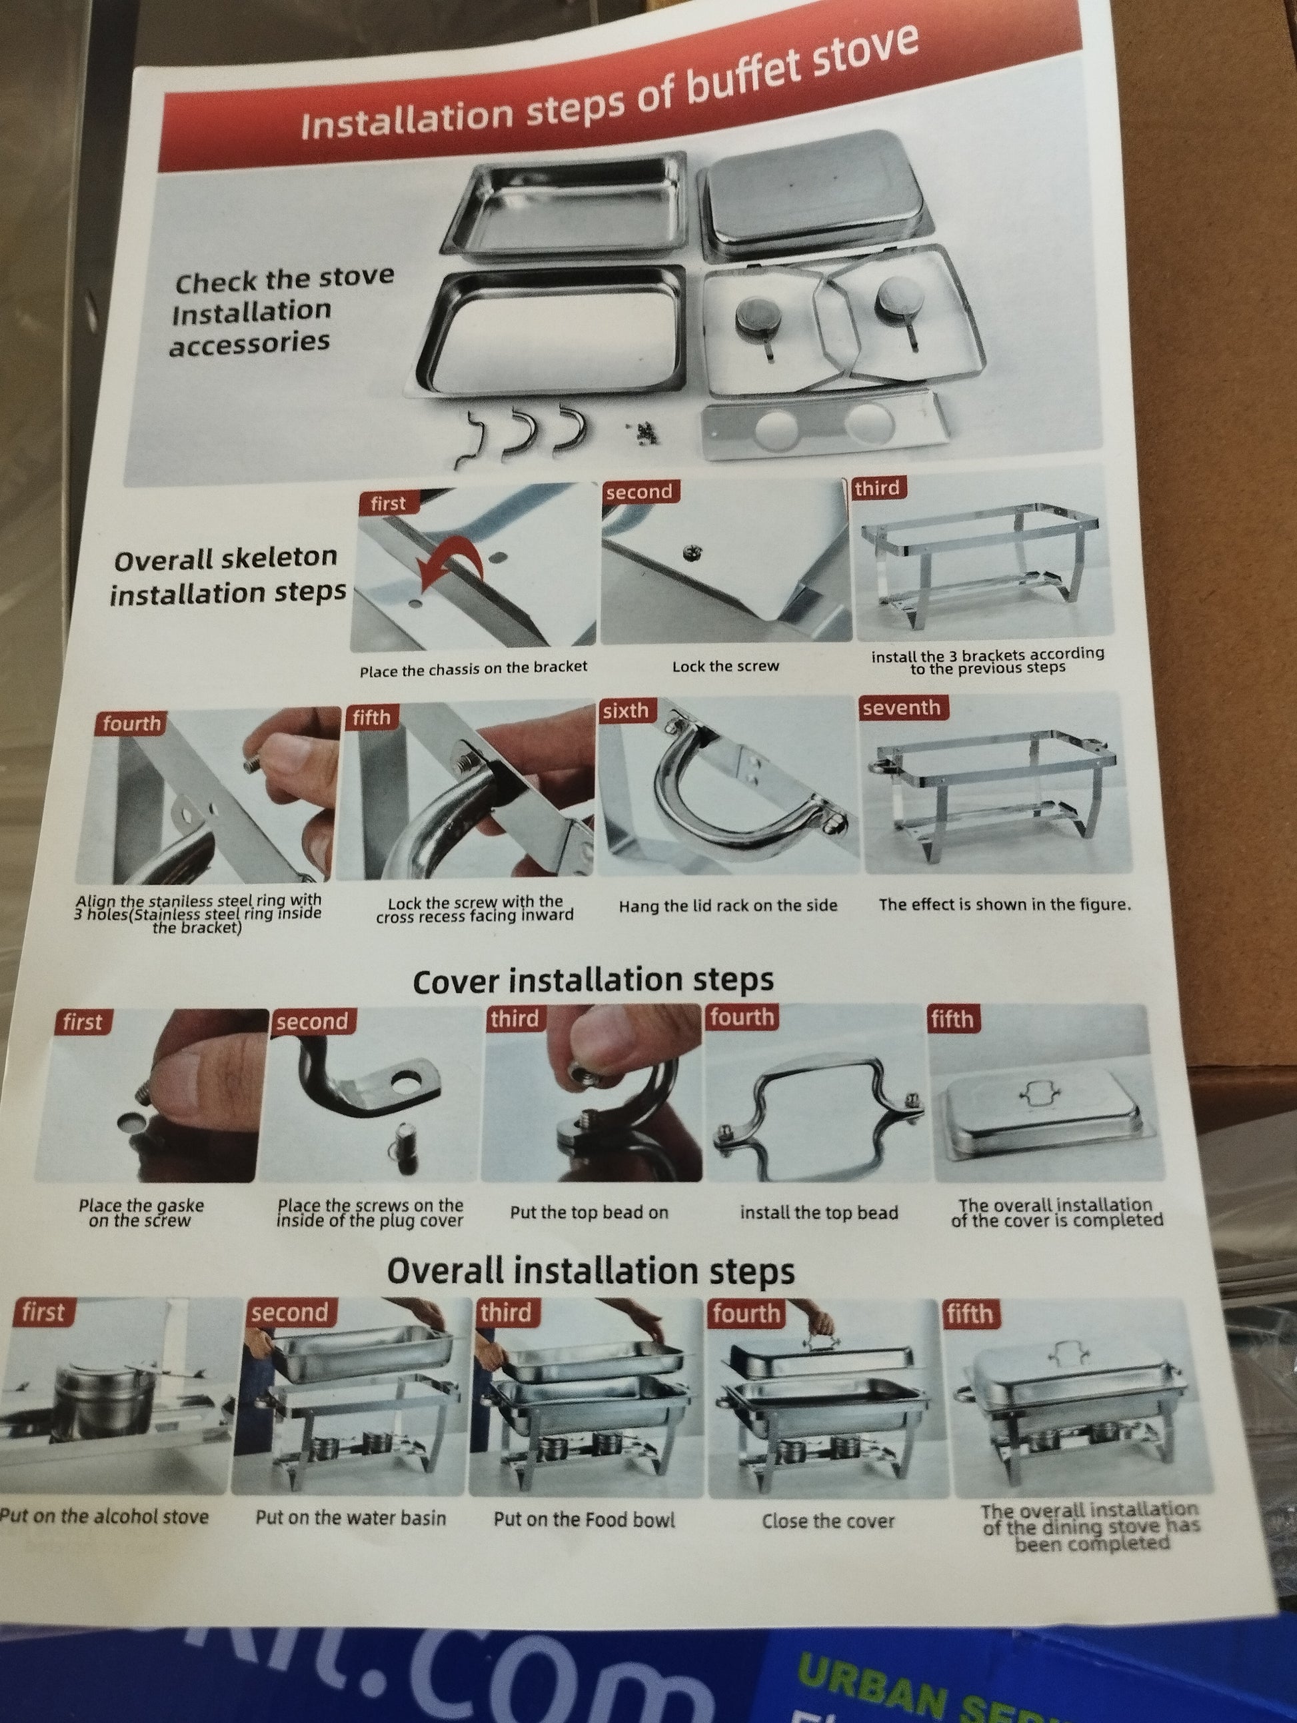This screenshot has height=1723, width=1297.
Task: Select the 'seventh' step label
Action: pyautogui.click(x=900, y=708)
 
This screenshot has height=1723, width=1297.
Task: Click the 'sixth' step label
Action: pyautogui.click(x=626, y=711)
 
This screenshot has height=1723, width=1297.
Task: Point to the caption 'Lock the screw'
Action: pyautogui.click(x=725, y=666)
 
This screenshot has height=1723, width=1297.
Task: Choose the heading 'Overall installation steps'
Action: pyautogui.click(x=591, y=1271)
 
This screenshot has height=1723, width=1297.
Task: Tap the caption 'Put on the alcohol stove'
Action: pyautogui.click(x=105, y=1516)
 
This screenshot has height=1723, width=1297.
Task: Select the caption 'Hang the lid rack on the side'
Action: pyautogui.click(x=728, y=905)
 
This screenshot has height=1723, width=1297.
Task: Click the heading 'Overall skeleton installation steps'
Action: pyautogui.click(x=227, y=576)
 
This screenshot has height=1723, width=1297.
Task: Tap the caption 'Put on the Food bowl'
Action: pyautogui.click(x=585, y=1519)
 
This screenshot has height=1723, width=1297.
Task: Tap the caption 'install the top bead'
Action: pyautogui.click(x=818, y=1213)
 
